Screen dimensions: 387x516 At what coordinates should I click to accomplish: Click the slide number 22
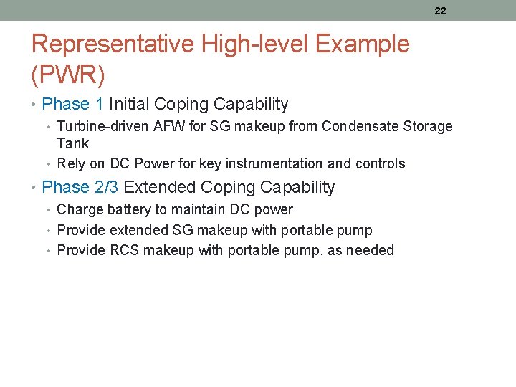point(440,11)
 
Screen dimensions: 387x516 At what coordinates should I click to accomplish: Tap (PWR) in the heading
point(69,73)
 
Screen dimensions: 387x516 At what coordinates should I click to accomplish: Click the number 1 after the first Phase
point(99,105)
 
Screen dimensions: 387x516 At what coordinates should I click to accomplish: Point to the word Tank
point(72,143)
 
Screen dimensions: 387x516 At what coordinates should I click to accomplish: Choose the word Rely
point(71,164)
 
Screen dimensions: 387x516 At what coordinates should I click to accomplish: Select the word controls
point(380,164)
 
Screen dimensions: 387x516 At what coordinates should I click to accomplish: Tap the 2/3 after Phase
point(106,188)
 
